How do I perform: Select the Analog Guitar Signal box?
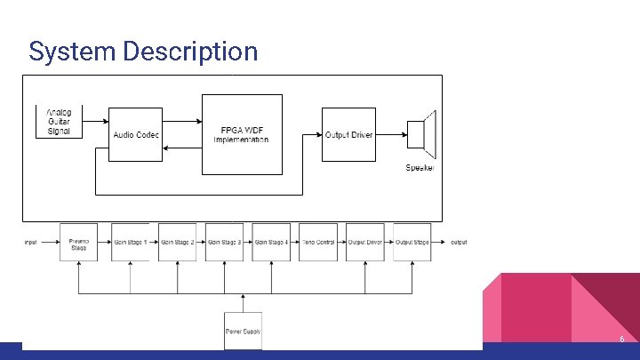click(60, 122)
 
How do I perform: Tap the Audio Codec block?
click(135, 134)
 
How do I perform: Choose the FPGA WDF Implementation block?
click(242, 134)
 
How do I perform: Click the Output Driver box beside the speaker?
click(348, 134)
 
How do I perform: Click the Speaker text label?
click(420, 169)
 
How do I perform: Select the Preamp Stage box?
click(78, 243)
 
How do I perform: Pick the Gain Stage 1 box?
click(130, 243)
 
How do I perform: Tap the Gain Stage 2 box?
click(177, 243)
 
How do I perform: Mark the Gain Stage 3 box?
click(224, 243)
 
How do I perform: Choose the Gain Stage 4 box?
click(271, 243)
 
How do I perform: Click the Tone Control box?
click(318, 243)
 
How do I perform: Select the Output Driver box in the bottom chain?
click(364, 243)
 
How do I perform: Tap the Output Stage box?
click(412, 243)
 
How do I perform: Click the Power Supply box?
click(243, 331)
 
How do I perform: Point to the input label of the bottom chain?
click(31, 243)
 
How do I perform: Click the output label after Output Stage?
click(459, 243)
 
